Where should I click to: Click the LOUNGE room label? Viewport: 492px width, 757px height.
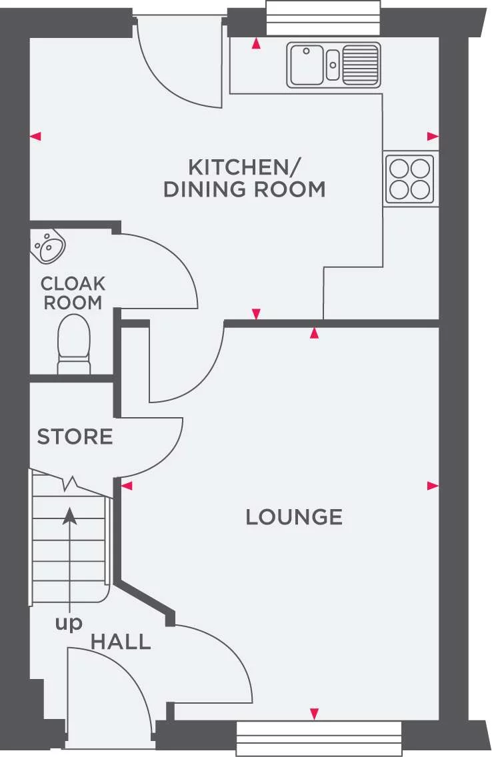(x=294, y=517)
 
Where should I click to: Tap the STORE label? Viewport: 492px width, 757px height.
(x=75, y=437)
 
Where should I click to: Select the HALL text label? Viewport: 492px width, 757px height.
(x=121, y=642)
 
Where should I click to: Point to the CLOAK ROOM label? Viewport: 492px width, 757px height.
(x=73, y=293)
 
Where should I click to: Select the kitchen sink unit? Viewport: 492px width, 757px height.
(x=334, y=65)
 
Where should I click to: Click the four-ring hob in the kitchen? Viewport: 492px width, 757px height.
(x=410, y=178)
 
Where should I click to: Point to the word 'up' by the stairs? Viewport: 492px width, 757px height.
(x=68, y=624)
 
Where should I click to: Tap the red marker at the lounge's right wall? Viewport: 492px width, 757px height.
(x=433, y=486)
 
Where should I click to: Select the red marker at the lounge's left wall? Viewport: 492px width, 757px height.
(x=127, y=486)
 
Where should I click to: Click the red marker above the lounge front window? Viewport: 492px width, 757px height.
(x=314, y=714)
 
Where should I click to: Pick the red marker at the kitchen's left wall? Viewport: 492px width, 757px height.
(x=36, y=136)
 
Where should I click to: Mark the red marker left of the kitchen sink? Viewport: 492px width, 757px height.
(x=255, y=45)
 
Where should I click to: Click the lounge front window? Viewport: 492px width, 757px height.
(x=319, y=738)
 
